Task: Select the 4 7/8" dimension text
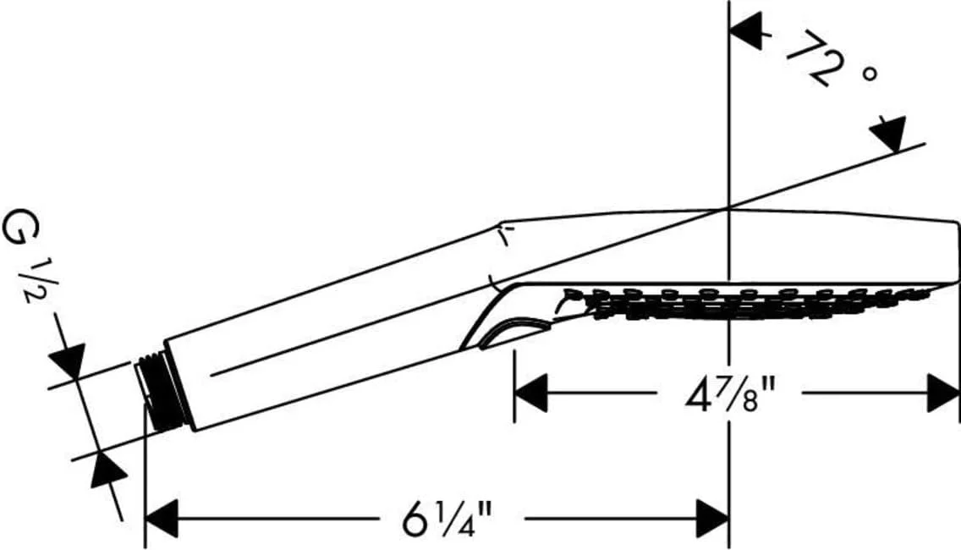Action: click(x=730, y=395)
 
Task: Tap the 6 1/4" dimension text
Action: click(x=448, y=518)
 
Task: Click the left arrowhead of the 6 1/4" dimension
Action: click(x=162, y=518)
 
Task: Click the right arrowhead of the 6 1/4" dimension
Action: click(x=712, y=518)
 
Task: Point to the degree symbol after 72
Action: click(x=869, y=74)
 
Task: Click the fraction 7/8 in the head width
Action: click(x=739, y=395)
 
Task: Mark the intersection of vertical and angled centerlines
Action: click(x=728, y=208)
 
